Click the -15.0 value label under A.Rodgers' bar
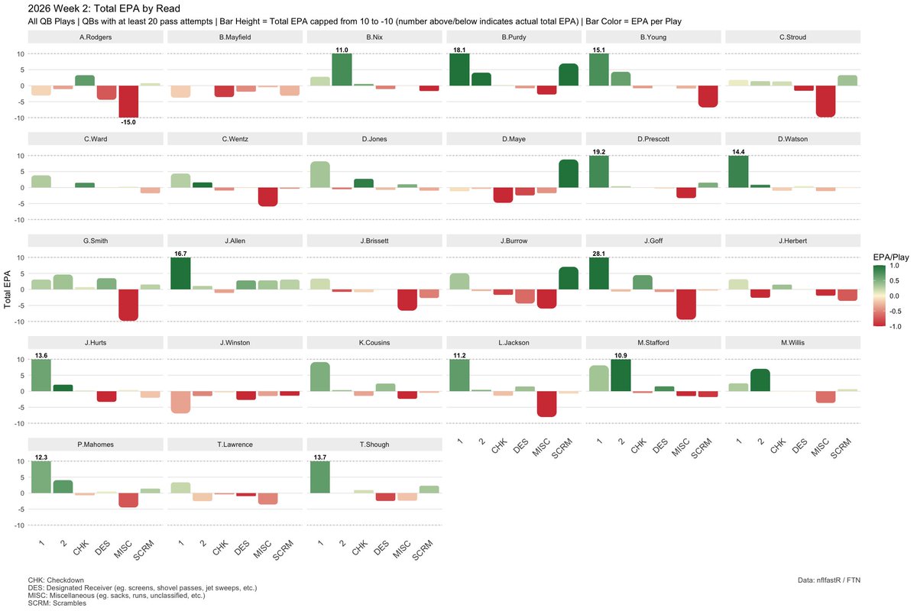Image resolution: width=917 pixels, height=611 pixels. pyautogui.click(x=128, y=122)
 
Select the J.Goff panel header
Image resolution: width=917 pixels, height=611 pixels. pyautogui.click(x=653, y=241)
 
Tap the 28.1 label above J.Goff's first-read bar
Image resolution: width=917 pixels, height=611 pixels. pyautogui.click(x=598, y=254)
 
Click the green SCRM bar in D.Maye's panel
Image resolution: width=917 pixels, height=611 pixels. pyautogui.click(x=569, y=173)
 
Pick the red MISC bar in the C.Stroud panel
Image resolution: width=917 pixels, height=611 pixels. pyautogui.click(x=825, y=101)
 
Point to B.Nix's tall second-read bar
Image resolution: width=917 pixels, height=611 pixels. pyautogui.click(x=342, y=70)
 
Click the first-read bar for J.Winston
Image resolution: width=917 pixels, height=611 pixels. pyautogui.click(x=180, y=402)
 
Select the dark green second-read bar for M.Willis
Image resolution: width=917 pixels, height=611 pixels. pyautogui.click(x=760, y=380)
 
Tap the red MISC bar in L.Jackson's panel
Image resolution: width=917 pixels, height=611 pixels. pyautogui.click(x=546, y=404)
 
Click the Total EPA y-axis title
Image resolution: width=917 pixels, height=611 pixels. pyautogui.click(x=7, y=289)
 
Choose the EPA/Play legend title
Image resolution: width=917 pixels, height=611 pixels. pyautogui.click(x=891, y=257)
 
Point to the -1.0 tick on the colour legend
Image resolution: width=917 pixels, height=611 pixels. pyautogui.click(x=895, y=327)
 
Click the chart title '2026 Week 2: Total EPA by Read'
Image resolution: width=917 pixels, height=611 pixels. pyautogui.click(x=104, y=8)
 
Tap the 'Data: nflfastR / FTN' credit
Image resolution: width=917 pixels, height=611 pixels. pyautogui.click(x=829, y=580)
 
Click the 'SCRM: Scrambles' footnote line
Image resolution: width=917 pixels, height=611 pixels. pyautogui.click(x=57, y=603)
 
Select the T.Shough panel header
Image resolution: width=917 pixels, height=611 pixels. pyautogui.click(x=374, y=445)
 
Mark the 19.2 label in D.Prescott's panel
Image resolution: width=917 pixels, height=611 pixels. pyautogui.click(x=599, y=152)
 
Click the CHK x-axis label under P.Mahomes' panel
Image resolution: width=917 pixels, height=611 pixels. pyautogui.click(x=81, y=548)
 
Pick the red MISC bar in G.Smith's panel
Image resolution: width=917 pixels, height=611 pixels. pyautogui.click(x=128, y=305)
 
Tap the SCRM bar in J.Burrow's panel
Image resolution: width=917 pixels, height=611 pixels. pyautogui.click(x=569, y=278)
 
